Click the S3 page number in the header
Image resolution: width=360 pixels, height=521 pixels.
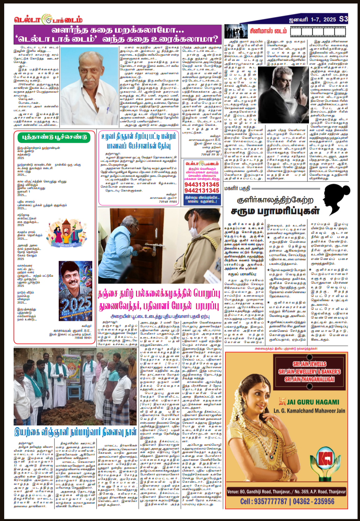point(343,19)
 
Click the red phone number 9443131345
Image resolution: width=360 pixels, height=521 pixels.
point(202,184)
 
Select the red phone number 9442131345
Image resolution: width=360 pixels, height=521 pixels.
point(202,191)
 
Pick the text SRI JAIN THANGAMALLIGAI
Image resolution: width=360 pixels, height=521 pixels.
point(309,380)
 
